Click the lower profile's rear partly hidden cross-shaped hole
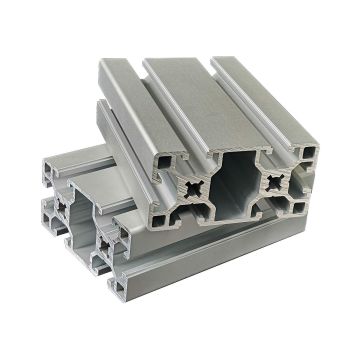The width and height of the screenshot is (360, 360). [x=60, y=204]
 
